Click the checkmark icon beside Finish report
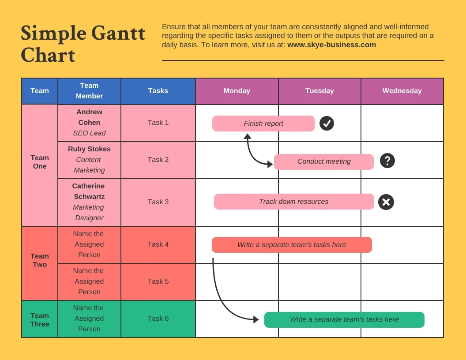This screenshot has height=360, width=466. click(x=327, y=124)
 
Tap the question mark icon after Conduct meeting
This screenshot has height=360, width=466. click(x=387, y=161)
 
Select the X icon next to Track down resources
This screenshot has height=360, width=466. click(x=386, y=202)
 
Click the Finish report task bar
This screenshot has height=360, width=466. click(x=263, y=124)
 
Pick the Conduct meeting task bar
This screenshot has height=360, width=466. click(x=323, y=161)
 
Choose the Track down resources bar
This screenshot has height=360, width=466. click(x=294, y=202)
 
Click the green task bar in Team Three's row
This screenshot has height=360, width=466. click(x=344, y=319)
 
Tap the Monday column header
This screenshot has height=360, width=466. click(x=237, y=91)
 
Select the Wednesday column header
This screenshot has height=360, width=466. click(x=402, y=91)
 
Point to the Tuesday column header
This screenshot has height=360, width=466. click(x=319, y=91)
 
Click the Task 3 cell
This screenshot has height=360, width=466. click(x=158, y=202)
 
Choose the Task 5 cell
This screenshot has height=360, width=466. click(x=158, y=281)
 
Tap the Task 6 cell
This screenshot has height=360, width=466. click(x=158, y=319)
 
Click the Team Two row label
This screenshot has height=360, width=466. click(x=40, y=260)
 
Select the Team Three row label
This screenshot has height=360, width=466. click(x=40, y=320)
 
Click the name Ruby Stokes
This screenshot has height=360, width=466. click(x=89, y=149)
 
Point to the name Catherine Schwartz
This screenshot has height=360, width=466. click(x=89, y=191)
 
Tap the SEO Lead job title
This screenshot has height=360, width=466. click(x=89, y=133)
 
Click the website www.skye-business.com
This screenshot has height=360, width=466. click(x=331, y=45)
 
